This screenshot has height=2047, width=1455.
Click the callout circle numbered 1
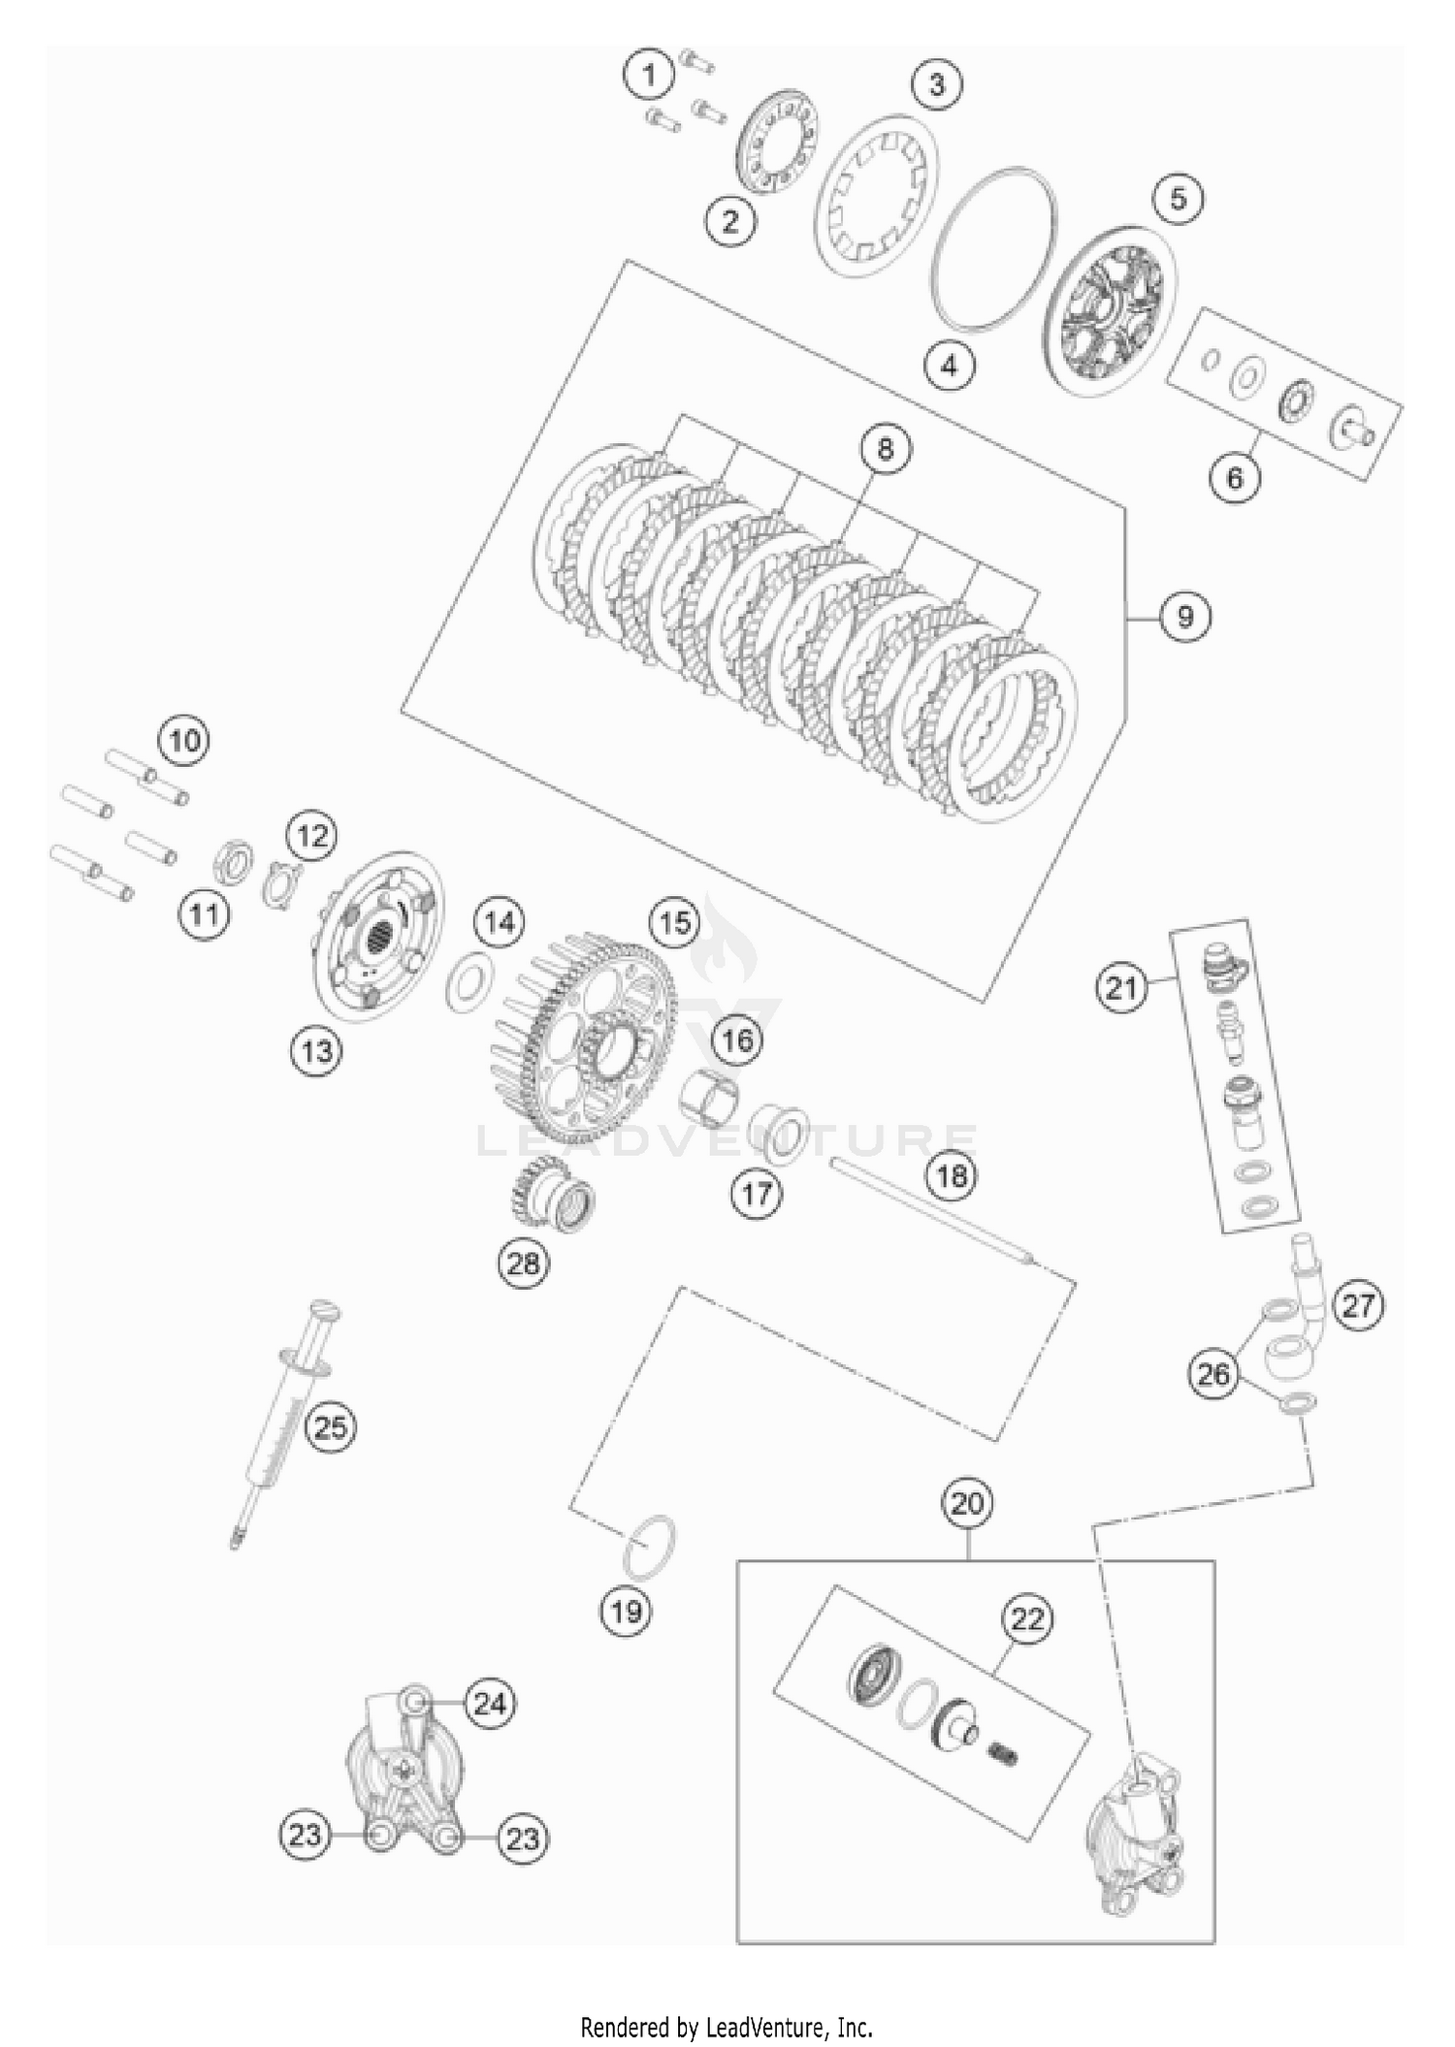[650, 74]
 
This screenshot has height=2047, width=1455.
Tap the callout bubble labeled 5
[1178, 199]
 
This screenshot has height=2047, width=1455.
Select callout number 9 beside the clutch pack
[1184, 616]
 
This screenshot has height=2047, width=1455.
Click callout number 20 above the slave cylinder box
[967, 1504]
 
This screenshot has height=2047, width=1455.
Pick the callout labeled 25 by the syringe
[330, 1427]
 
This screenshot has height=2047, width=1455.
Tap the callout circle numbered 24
[490, 1703]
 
